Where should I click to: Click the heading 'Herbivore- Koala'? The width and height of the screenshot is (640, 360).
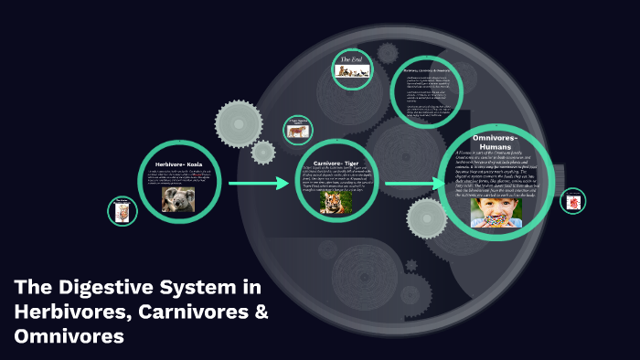[x=177, y=164]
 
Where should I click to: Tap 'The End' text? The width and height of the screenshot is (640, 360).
[x=352, y=60]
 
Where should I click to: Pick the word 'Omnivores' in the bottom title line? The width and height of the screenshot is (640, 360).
[x=69, y=335]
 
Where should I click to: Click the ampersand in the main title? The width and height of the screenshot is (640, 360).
[x=260, y=312]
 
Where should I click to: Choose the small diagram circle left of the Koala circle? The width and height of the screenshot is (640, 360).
[x=122, y=211]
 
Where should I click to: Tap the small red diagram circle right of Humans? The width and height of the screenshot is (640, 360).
[x=573, y=201]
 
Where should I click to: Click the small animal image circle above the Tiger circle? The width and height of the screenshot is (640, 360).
[x=298, y=129]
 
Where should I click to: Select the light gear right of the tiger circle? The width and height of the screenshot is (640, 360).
[x=426, y=218]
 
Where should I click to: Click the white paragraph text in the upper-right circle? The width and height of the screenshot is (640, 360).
[x=422, y=94]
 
